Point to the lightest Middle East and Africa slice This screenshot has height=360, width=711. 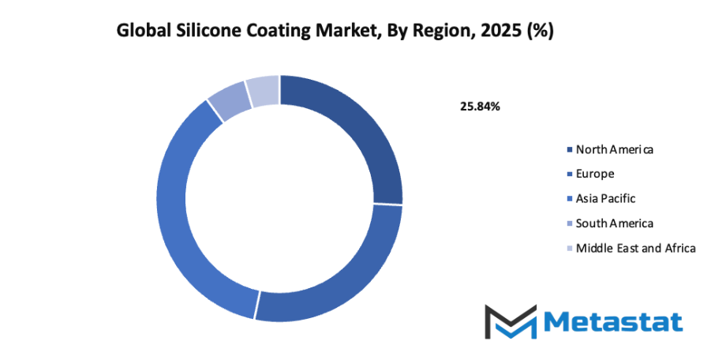tap(263, 91)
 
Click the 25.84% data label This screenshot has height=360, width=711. tap(480, 106)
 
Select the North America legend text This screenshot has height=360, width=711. tap(615, 148)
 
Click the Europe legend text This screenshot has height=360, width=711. tap(595, 173)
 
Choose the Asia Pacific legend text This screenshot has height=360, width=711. tap(606, 198)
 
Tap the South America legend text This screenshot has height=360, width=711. tap(615, 223)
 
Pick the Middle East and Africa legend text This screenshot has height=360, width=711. tap(636, 248)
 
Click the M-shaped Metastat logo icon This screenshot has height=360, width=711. tap(510, 321)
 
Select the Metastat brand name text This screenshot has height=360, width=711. tap(612, 321)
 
